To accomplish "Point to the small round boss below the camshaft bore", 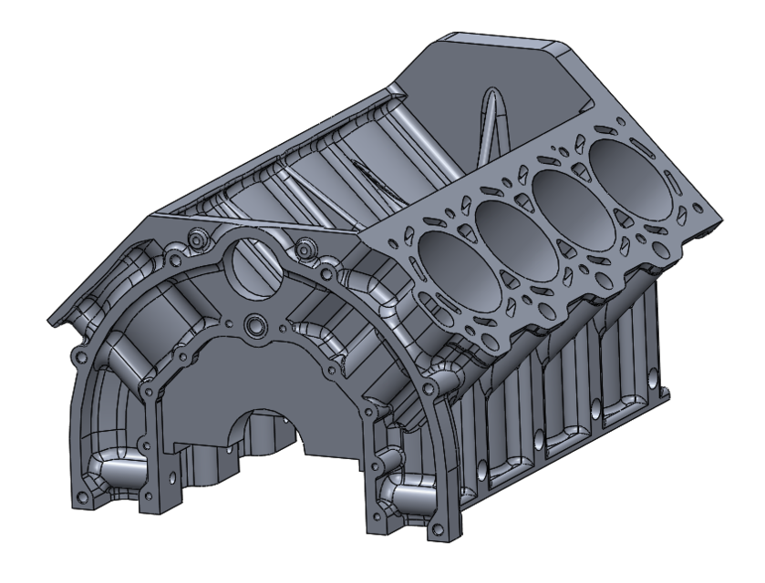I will click(253, 325).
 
